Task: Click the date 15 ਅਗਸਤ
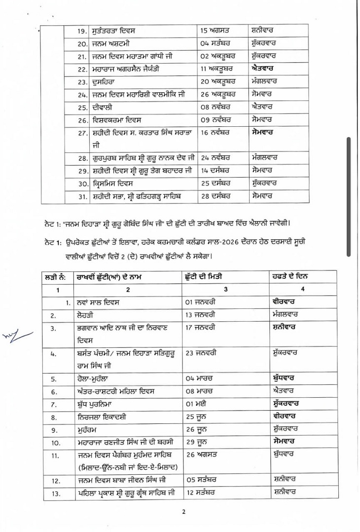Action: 217,31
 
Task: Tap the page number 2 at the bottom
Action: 183,511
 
